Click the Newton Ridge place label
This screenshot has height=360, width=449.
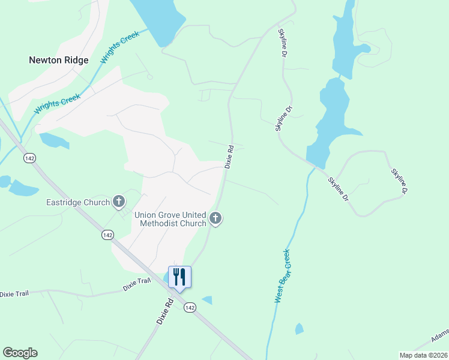(x=59, y=60)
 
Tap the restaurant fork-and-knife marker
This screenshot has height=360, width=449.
(x=179, y=277)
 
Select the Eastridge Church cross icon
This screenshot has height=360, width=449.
(x=119, y=202)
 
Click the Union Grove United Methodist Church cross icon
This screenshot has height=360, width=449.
(x=216, y=219)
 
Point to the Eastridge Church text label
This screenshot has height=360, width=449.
(x=78, y=202)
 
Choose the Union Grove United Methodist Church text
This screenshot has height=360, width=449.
(x=170, y=219)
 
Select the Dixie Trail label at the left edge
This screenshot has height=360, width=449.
(x=15, y=294)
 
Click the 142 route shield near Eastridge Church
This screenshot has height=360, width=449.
(x=107, y=235)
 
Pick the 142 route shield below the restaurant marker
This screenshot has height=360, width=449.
(x=190, y=307)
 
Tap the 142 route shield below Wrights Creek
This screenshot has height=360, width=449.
(x=29, y=158)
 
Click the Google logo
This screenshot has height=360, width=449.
(x=19, y=353)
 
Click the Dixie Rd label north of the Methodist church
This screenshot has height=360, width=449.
(x=229, y=155)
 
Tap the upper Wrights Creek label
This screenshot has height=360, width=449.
(x=120, y=47)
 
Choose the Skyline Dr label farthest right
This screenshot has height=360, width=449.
(x=400, y=181)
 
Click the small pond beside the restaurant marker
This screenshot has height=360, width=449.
(x=166, y=278)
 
